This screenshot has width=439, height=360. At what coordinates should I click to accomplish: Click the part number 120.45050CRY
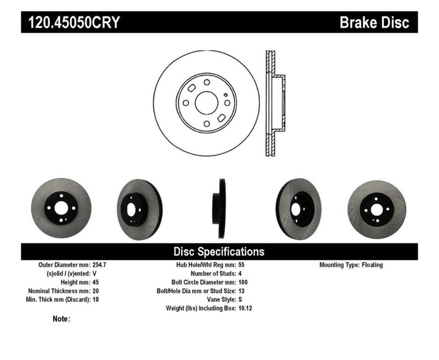(x=72, y=23)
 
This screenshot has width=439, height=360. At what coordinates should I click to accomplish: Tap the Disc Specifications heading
(x=219, y=251)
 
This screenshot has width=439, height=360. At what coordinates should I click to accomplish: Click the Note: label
(x=62, y=319)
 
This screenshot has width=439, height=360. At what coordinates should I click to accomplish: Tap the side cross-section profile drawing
(x=274, y=103)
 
